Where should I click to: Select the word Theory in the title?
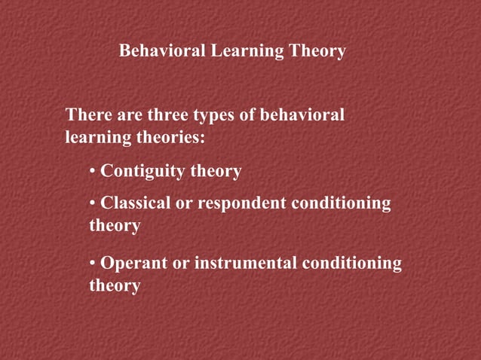pyautogui.click(x=319, y=51)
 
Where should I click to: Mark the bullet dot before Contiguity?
pyautogui.click(x=93, y=172)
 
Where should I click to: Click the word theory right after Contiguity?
pyautogui.click(x=215, y=172)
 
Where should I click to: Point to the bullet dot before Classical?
pyautogui.click(x=93, y=204)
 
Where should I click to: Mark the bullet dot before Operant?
pyautogui.click(x=93, y=264)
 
